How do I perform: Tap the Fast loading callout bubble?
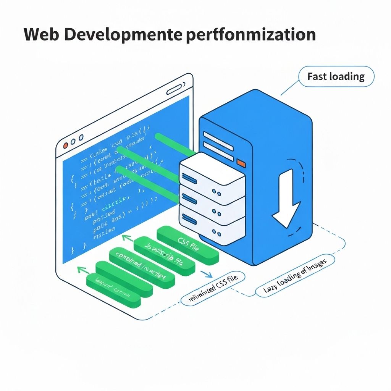click(x=336, y=77)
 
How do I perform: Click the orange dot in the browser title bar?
click(x=65, y=145)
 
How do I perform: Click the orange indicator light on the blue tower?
click(x=241, y=163)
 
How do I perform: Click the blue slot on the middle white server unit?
click(x=189, y=197)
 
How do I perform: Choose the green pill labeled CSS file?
click(x=188, y=244)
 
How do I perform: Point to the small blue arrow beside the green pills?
click(x=207, y=274)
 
